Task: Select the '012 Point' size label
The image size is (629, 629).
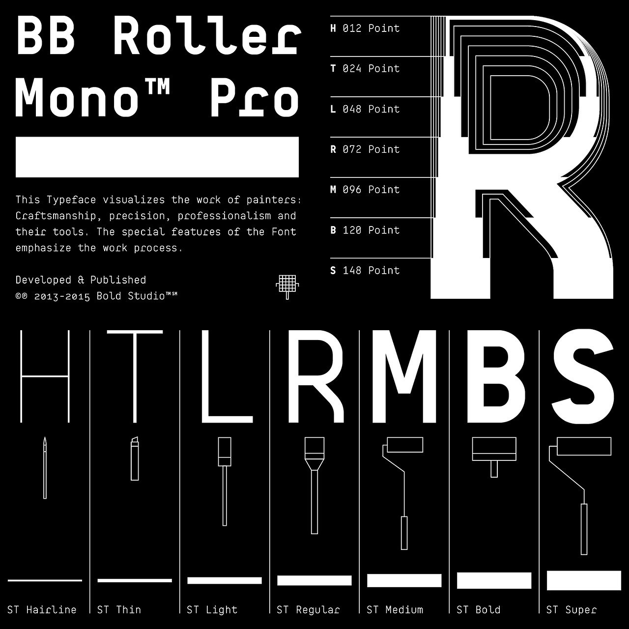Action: (x=371, y=29)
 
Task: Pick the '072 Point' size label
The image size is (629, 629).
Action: (x=371, y=149)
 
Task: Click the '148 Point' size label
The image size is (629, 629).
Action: (x=371, y=271)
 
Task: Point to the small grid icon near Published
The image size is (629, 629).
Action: (x=287, y=286)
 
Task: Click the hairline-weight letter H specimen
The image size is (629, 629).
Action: (x=45, y=376)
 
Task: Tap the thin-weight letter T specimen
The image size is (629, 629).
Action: (x=135, y=376)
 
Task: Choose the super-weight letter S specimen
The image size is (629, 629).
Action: (x=582, y=376)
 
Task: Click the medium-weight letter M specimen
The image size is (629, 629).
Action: (x=404, y=376)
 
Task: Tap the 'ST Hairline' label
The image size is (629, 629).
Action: (x=42, y=610)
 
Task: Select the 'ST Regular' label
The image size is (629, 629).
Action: (x=308, y=610)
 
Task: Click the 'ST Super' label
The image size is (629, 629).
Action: (x=572, y=610)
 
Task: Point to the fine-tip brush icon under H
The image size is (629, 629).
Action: (x=45, y=467)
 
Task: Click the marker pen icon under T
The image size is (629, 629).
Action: (x=135, y=458)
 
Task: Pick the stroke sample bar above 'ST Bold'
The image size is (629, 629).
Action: (x=494, y=580)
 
